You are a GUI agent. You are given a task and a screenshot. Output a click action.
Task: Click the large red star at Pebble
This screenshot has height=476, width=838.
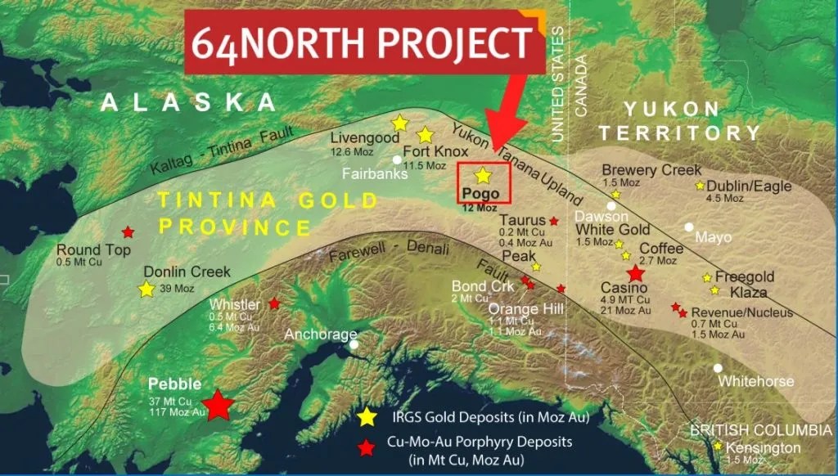click(218, 405)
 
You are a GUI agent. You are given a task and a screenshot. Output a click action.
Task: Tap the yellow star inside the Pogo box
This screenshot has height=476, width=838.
click(483, 175)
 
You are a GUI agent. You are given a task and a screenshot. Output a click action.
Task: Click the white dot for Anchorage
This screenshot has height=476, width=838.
click(354, 344)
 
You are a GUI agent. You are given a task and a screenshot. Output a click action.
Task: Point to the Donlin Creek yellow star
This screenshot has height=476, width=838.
click(146, 289)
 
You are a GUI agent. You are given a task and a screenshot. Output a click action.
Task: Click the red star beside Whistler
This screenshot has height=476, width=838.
click(274, 303)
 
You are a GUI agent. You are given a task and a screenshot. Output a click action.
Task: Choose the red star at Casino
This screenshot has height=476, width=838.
click(635, 274)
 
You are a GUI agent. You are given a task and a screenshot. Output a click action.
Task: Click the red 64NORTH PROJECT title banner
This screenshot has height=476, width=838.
click(364, 42)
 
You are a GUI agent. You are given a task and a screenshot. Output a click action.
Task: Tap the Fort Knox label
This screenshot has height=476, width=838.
click(435, 152)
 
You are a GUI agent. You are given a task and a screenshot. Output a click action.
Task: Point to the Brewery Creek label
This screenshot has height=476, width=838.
click(651, 170)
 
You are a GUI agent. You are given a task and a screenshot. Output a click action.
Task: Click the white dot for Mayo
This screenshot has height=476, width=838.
click(689, 227)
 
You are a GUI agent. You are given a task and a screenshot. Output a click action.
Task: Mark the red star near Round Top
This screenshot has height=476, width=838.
click(128, 231)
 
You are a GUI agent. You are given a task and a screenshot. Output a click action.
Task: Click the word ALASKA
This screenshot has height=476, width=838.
click(189, 102)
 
